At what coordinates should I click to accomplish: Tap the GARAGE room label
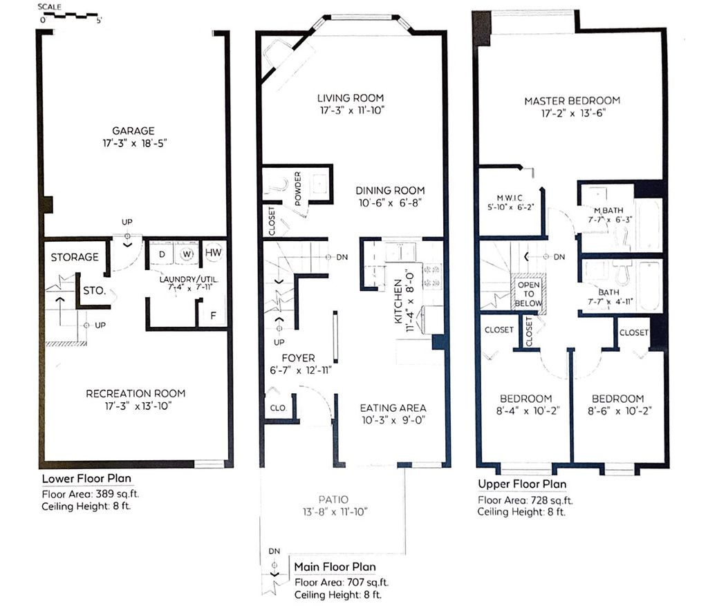pos(133,131)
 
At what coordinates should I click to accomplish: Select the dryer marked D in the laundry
pos(162,254)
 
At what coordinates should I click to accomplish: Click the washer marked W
pos(187,254)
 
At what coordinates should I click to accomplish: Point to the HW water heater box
pos(213,253)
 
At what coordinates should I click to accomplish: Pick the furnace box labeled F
pos(213,314)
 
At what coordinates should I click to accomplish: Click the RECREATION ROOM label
pos(136,393)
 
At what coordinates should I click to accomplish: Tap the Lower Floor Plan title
pos(86,479)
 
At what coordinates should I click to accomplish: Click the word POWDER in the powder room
pos(297,189)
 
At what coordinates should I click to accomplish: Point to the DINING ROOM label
pos(390,191)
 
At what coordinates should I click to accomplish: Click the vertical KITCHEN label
pos(398,301)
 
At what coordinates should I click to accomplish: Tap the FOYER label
pos(299,358)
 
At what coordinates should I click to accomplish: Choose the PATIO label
pos(334,500)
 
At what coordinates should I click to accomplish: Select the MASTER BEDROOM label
pos(572,101)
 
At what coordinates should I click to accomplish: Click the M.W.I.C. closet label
pos(510,198)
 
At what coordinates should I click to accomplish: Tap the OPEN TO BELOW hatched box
pos(528,292)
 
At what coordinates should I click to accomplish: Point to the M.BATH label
pos(608,210)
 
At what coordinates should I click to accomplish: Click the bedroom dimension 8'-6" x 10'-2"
pos(619,411)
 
